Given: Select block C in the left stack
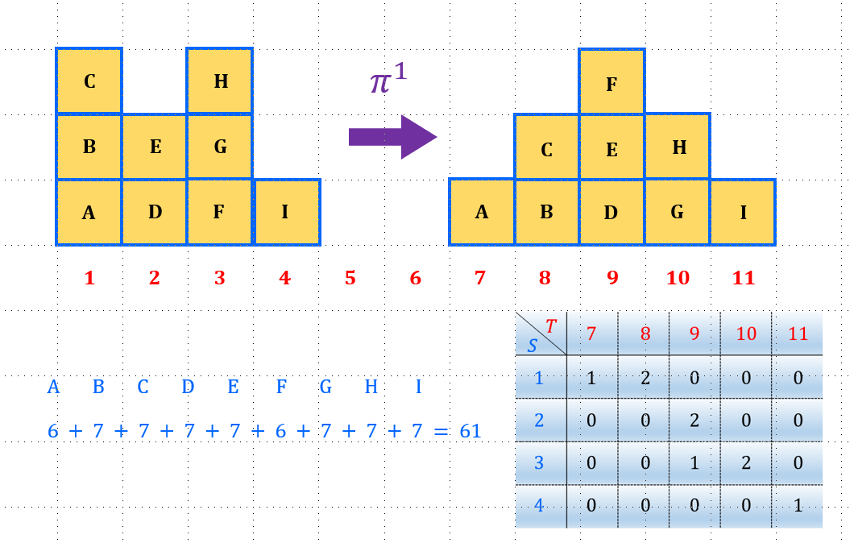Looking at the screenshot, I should pyautogui.click(x=89, y=81).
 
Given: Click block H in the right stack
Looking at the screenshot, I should pyautogui.click(x=678, y=147).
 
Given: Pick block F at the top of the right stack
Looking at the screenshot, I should pyautogui.click(x=611, y=83).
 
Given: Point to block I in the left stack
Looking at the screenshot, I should pyautogui.click(x=285, y=212).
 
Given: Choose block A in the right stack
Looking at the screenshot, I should pyautogui.click(x=482, y=212).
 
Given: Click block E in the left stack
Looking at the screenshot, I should pyautogui.click(x=155, y=147).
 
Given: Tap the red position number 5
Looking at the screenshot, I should pyautogui.click(x=350, y=278).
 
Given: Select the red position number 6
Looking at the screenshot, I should pyautogui.click(x=415, y=278).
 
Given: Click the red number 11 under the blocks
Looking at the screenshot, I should pyautogui.click(x=744, y=278).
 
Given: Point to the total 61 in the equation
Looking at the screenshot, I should pyautogui.click(x=470, y=431).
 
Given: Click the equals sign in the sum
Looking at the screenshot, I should pyautogui.click(x=440, y=431).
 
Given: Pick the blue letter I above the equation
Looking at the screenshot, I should pyautogui.click(x=418, y=387).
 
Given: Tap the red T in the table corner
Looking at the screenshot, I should pyautogui.click(x=551, y=325).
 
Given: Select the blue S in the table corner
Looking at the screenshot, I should pyautogui.click(x=532, y=346).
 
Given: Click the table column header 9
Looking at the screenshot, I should pyautogui.click(x=694, y=334).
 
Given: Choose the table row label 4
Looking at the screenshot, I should pyautogui.click(x=540, y=507).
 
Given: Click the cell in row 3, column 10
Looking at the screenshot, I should pyautogui.click(x=746, y=463).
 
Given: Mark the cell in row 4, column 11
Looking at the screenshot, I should pyautogui.click(x=798, y=507).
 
